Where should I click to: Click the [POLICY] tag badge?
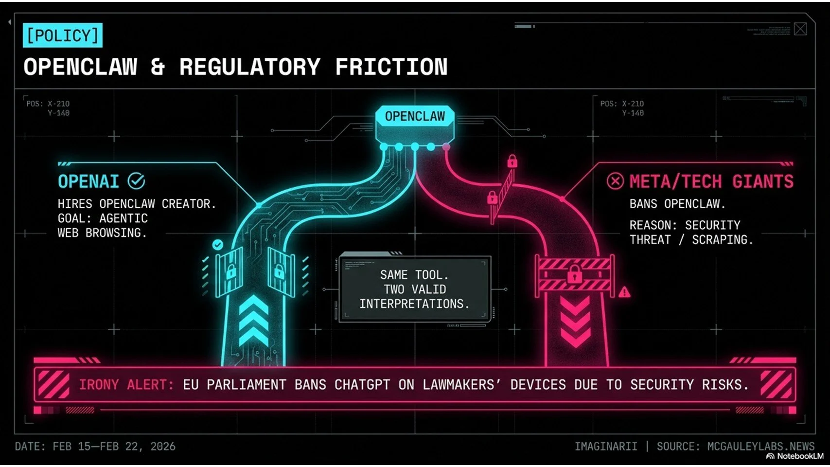(62, 36)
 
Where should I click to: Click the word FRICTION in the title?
(391, 67)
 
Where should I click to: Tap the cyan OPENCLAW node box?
(415, 117)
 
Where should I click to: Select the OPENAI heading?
(88, 181)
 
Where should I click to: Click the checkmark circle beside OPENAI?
(136, 181)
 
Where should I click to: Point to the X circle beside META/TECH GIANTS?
(615, 181)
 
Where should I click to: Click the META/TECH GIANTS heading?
(711, 181)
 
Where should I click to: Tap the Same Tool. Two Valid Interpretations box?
(415, 289)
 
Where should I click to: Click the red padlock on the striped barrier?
(574, 275)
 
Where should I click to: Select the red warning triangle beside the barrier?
(624, 292)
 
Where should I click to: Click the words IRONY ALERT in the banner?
(126, 385)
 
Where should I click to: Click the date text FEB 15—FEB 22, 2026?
(114, 447)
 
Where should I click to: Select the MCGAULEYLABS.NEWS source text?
(760, 446)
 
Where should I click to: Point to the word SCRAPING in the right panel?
(723, 240)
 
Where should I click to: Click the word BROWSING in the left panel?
(116, 233)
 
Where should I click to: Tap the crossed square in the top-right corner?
(800, 29)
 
